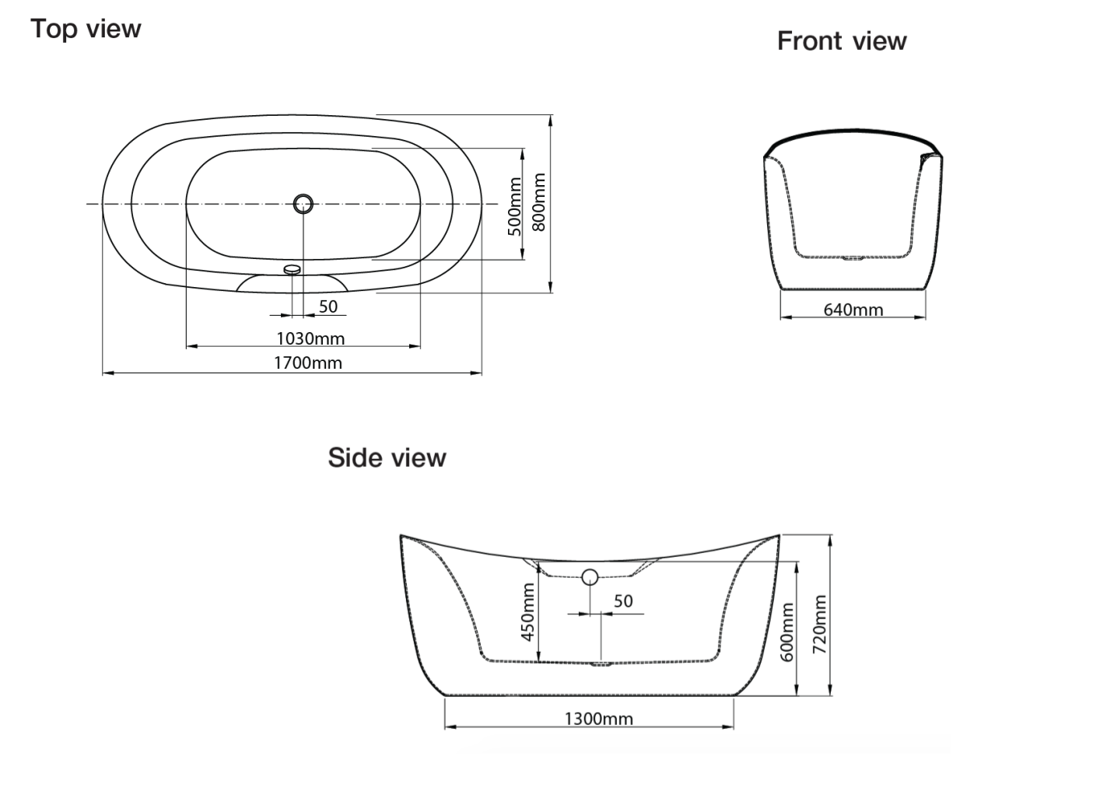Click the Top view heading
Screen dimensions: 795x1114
point(86,29)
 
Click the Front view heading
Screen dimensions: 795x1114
point(842,40)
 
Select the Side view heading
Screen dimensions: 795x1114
point(387,457)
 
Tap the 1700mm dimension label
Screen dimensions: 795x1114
point(308,362)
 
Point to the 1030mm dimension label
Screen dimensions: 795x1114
point(310,338)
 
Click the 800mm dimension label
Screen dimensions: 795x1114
point(538,202)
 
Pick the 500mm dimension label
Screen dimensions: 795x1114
point(514,208)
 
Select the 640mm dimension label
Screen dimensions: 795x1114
point(853,310)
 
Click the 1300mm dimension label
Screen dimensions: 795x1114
point(598,719)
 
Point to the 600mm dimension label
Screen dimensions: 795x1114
point(786,632)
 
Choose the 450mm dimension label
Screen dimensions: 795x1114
point(527,612)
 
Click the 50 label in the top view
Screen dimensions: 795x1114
point(328,306)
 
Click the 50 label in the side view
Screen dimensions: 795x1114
point(623,601)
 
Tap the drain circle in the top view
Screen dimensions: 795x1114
point(303,204)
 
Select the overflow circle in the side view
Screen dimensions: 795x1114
point(590,576)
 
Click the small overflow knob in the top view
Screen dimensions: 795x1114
point(293,269)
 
